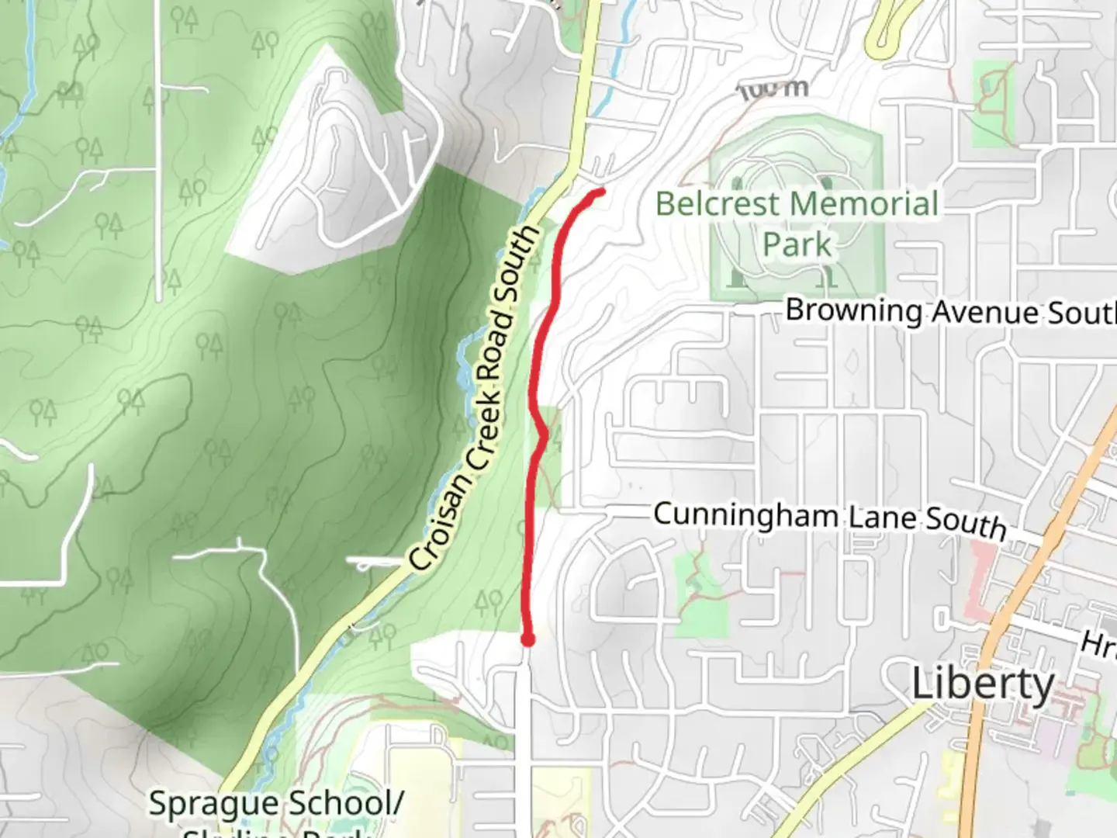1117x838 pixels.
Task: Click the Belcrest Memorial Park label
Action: click(x=797, y=223)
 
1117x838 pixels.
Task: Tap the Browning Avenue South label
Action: click(x=949, y=312)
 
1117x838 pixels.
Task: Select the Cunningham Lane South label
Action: click(x=830, y=518)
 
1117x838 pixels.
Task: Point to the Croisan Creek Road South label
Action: click(x=475, y=397)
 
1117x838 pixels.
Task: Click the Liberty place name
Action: click(x=983, y=685)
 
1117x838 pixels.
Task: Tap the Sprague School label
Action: click(x=275, y=804)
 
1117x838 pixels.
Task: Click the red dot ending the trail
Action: click(x=528, y=640)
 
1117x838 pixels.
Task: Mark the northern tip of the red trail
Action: click(x=600, y=191)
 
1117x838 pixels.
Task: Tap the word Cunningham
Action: click(x=745, y=514)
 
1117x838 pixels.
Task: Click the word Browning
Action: click(x=854, y=310)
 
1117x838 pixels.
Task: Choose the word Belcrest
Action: click(x=718, y=204)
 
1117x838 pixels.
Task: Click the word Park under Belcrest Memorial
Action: click(x=797, y=244)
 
